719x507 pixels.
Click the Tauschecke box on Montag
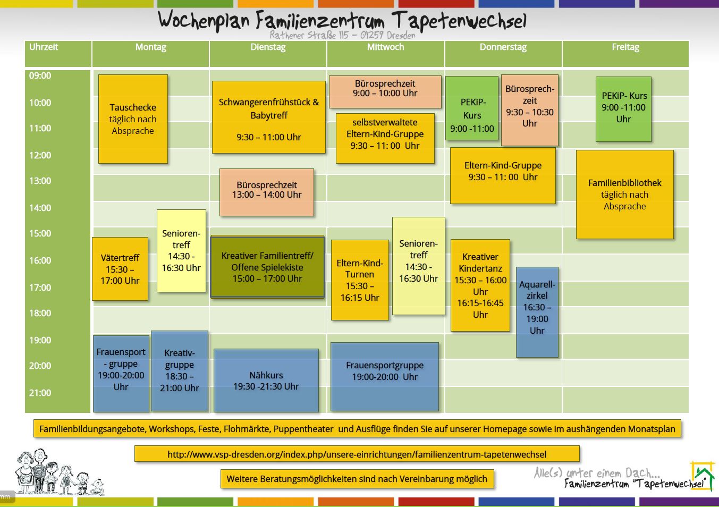click(x=133, y=119)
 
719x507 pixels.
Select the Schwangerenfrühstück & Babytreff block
click(x=268, y=117)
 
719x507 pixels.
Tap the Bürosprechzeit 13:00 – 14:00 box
click(x=267, y=192)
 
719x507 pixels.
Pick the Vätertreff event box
click(x=120, y=269)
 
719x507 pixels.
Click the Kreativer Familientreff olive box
click(x=267, y=267)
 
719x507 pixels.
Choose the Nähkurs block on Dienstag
click(x=266, y=381)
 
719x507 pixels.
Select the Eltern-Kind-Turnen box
click(x=360, y=280)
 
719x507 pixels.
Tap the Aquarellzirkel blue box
click(x=537, y=312)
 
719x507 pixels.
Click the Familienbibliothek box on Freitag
click(x=625, y=195)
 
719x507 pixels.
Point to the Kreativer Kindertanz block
click(x=480, y=285)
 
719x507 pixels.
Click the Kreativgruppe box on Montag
click(x=180, y=371)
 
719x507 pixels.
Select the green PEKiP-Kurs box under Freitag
click(x=623, y=109)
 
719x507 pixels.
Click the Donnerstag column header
click(x=503, y=47)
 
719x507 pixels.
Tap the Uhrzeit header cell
click(x=44, y=47)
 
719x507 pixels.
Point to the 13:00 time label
click(x=40, y=181)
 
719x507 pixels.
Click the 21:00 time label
click(x=40, y=393)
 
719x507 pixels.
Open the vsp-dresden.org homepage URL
click(x=357, y=454)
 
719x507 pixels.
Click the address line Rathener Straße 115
click(x=342, y=36)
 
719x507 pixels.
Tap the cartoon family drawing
click(x=58, y=472)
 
